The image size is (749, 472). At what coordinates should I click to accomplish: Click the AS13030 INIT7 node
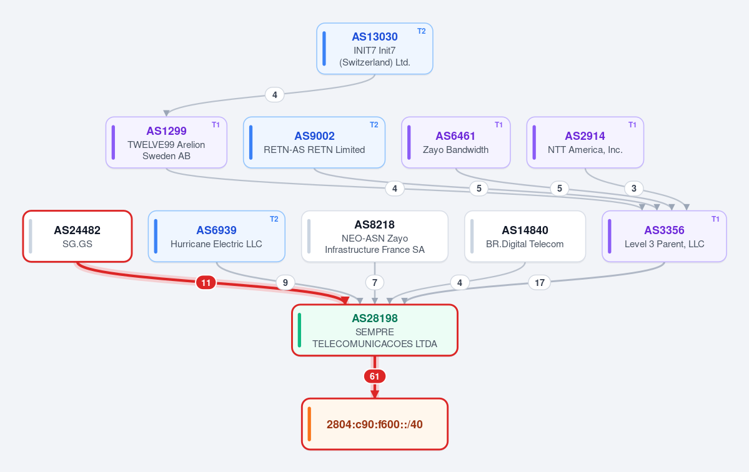tap(375, 49)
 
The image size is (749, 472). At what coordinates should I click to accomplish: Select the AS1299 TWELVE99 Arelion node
tap(166, 143)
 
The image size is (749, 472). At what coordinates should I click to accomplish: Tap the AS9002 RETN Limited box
tap(314, 143)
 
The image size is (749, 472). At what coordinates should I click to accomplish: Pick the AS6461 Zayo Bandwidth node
tap(455, 143)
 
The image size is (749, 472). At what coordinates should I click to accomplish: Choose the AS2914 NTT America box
tap(585, 143)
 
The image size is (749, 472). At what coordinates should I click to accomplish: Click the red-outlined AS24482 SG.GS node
tap(77, 236)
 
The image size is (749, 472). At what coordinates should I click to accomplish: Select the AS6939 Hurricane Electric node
tap(216, 236)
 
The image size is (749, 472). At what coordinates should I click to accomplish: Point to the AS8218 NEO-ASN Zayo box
tap(375, 236)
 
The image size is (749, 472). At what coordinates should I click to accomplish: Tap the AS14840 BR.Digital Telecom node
tap(525, 236)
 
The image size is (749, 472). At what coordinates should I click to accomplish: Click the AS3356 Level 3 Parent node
tap(664, 236)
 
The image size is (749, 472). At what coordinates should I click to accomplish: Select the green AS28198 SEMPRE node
tap(375, 330)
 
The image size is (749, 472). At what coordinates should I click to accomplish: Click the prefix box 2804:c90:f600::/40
tap(375, 425)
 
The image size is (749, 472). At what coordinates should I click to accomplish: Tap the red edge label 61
tap(375, 376)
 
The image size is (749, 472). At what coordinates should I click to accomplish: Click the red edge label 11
tap(206, 283)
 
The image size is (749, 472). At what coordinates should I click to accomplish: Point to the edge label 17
tap(540, 283)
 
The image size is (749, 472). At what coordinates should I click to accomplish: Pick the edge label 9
tap(285, 283)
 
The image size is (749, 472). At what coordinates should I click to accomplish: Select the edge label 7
tap(375, 283)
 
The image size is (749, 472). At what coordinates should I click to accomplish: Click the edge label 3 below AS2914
tap(634, 189)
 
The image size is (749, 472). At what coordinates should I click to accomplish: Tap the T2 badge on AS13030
tap(421, 31)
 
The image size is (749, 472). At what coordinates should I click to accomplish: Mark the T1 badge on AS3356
tap(715, 219)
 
